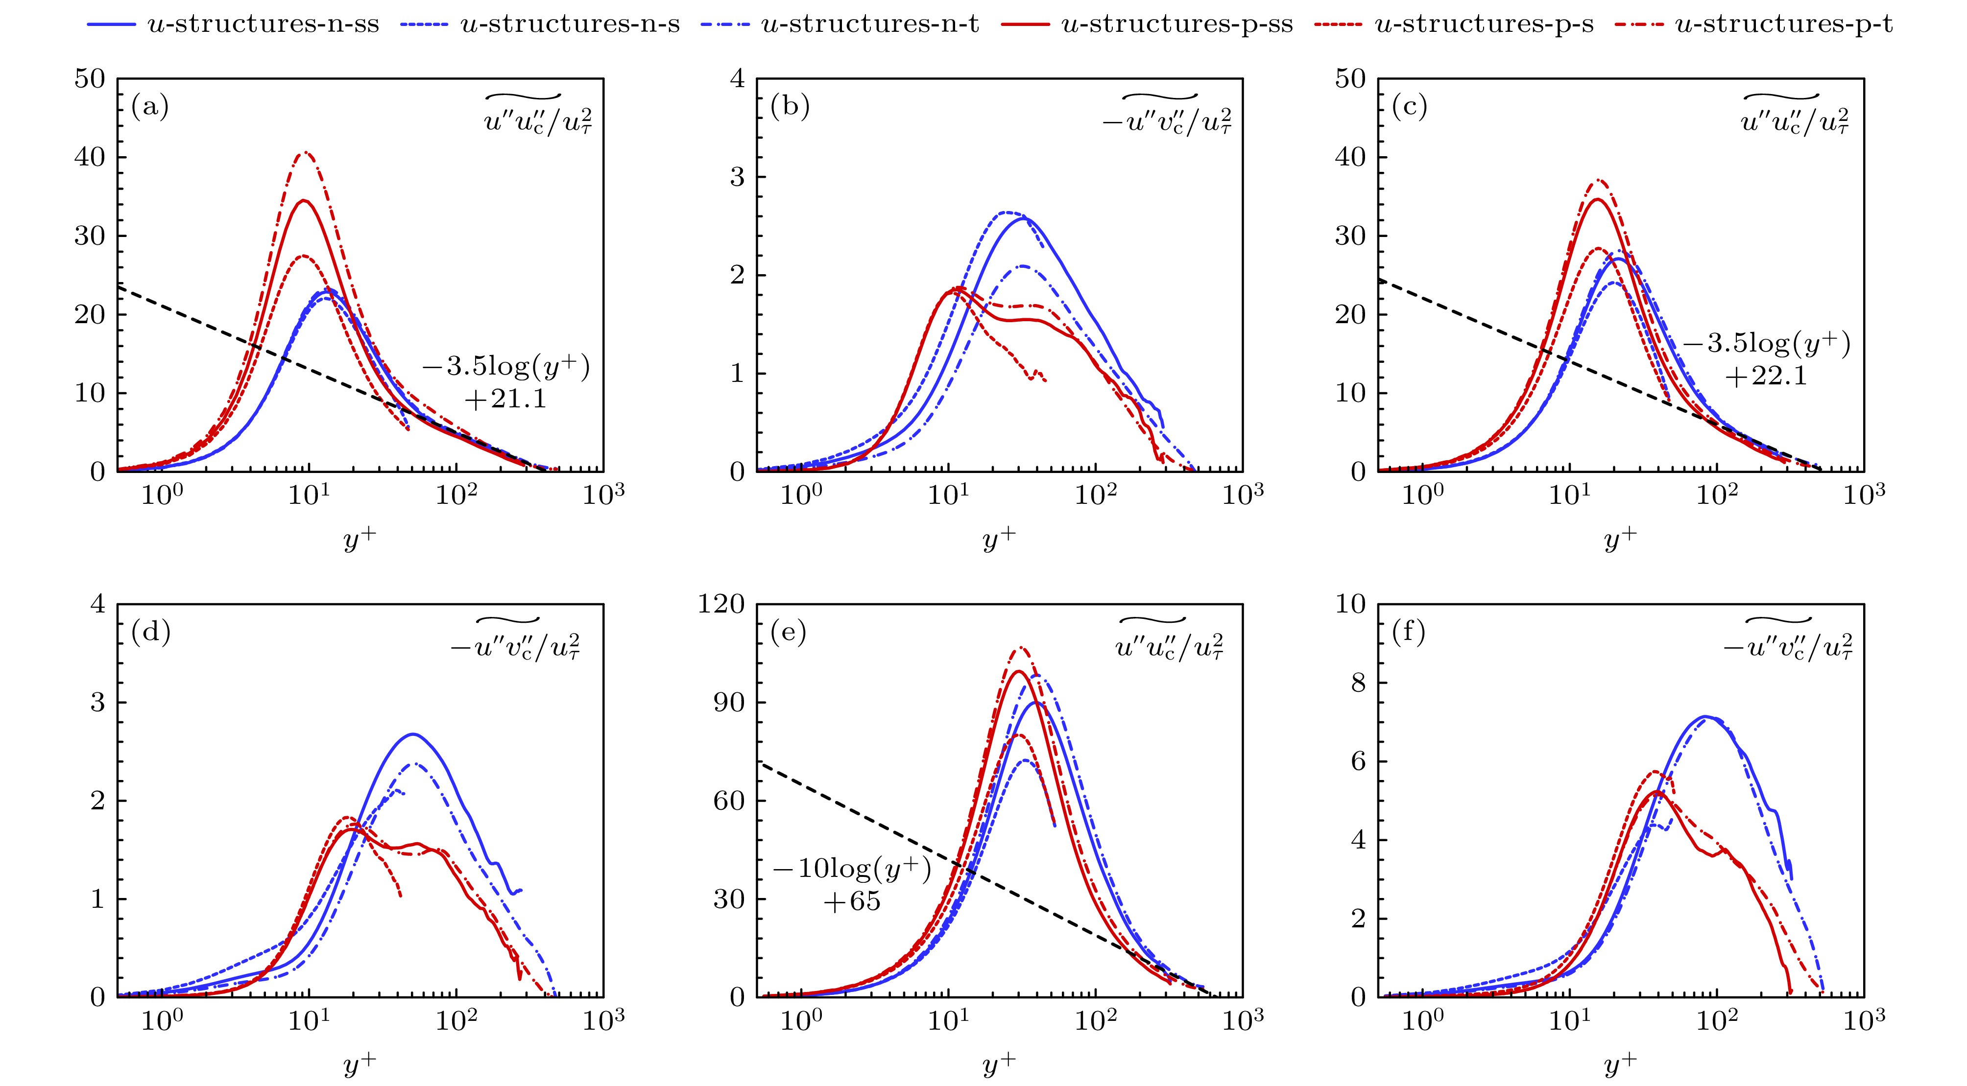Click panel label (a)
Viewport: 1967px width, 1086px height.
(x=150, y=107)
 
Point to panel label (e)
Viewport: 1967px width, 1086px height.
(x=789, y=632)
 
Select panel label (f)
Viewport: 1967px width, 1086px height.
(x=1409, y=632)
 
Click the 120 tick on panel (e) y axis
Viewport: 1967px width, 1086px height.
(x=721, y=604)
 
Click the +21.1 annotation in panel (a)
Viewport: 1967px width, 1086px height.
(x=505, y=399)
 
